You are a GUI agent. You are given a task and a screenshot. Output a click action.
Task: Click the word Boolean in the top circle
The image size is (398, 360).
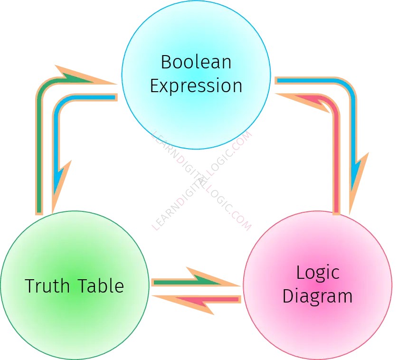196,62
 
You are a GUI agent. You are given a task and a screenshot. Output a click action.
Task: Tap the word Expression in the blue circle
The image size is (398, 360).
196,86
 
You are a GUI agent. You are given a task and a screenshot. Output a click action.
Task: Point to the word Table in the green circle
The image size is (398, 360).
100,286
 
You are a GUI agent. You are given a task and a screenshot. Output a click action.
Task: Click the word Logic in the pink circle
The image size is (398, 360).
317,273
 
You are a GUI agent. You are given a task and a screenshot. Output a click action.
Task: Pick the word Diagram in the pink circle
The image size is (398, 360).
317,296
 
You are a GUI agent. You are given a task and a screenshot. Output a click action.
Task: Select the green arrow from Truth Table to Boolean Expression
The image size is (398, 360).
40,142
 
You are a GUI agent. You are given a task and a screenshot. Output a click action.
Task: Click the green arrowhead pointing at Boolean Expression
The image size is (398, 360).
85,78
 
